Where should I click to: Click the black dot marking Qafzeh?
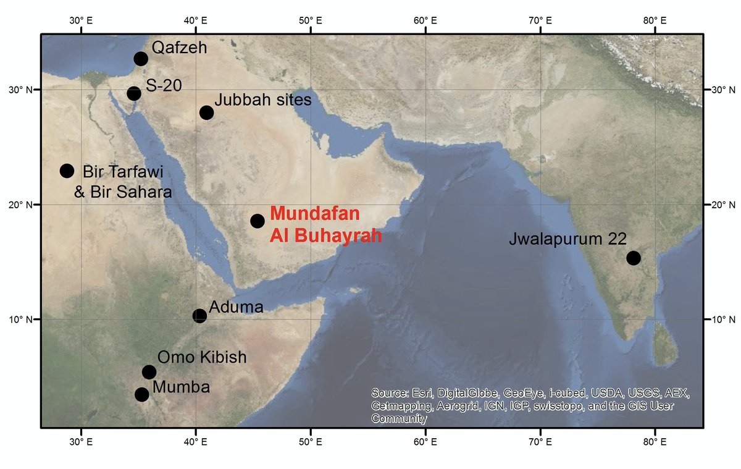pos(141,59)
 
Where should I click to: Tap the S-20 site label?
pos(164,86)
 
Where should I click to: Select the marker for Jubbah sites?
pos(207,112)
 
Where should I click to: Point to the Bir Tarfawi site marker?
pos(67,171)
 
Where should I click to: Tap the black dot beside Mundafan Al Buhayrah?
pos(257,221)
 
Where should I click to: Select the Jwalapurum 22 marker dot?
pos(633,258)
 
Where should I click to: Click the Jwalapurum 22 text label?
pos(567,239)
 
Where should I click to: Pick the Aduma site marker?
pos(199,316)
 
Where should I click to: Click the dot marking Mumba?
pos(142,394)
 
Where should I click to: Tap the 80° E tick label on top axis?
pos(655,20)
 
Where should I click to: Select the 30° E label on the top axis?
pos(81,20)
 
